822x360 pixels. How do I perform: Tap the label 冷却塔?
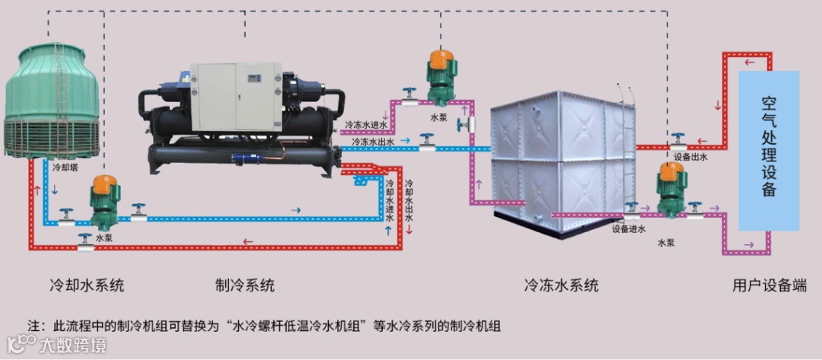67,164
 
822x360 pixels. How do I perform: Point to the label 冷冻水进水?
367,123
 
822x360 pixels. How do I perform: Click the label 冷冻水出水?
373,142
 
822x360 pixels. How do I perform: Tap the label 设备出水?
690,157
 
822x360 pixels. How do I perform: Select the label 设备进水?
628,228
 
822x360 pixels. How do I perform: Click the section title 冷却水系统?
86,285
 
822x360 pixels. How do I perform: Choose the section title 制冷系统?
244,285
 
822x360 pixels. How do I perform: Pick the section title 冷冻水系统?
561,285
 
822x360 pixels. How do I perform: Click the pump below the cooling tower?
103,202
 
